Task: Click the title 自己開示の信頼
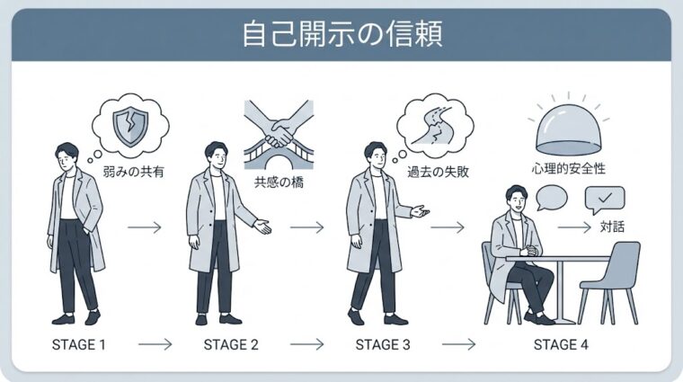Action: [341, 35]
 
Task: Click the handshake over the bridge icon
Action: [279, 133]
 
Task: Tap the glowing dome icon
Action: [567, 128]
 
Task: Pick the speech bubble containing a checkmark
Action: [604, 198]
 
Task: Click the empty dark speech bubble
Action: [551, 197]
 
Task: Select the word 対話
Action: [614, 227]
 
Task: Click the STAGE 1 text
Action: [79, 343]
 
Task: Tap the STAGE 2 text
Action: [231, 343]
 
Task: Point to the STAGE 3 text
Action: [382, 343]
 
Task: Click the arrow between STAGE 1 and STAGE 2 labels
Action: [155, 343]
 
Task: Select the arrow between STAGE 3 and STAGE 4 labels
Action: [458, 343]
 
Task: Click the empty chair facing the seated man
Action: [614, 279]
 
